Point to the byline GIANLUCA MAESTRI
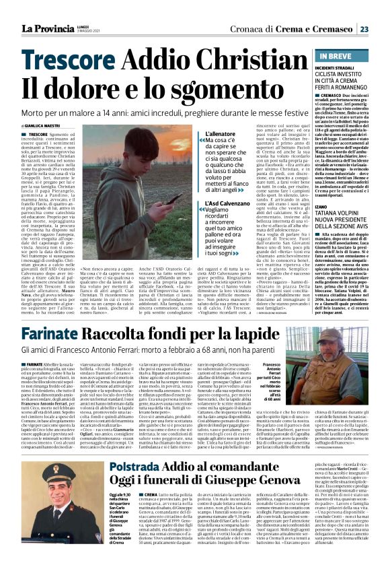[x=41, y=126]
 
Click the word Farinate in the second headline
[x=52, y=334]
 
